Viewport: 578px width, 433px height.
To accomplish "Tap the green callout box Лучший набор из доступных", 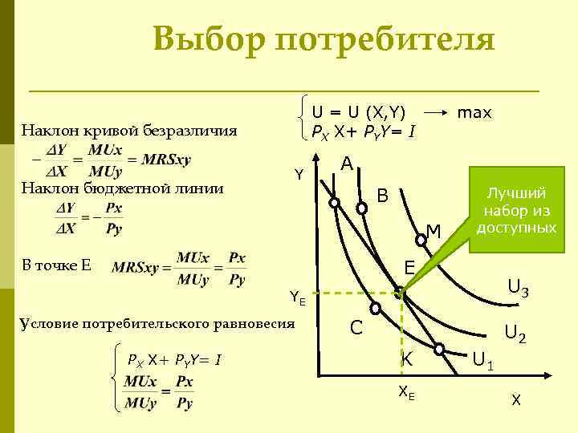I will click(516, 210).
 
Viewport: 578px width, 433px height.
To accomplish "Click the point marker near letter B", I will click(362, 208).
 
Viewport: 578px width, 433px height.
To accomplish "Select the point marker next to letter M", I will click(421, 238).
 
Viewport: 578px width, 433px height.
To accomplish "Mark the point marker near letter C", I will click(374, 308).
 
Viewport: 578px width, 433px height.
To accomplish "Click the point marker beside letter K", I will click(439, 349).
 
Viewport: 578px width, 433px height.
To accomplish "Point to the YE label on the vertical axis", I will click(297, 299).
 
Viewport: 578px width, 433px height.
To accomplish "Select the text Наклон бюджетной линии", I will click(122, 189).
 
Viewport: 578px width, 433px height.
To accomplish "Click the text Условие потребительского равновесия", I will click(157, 323).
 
